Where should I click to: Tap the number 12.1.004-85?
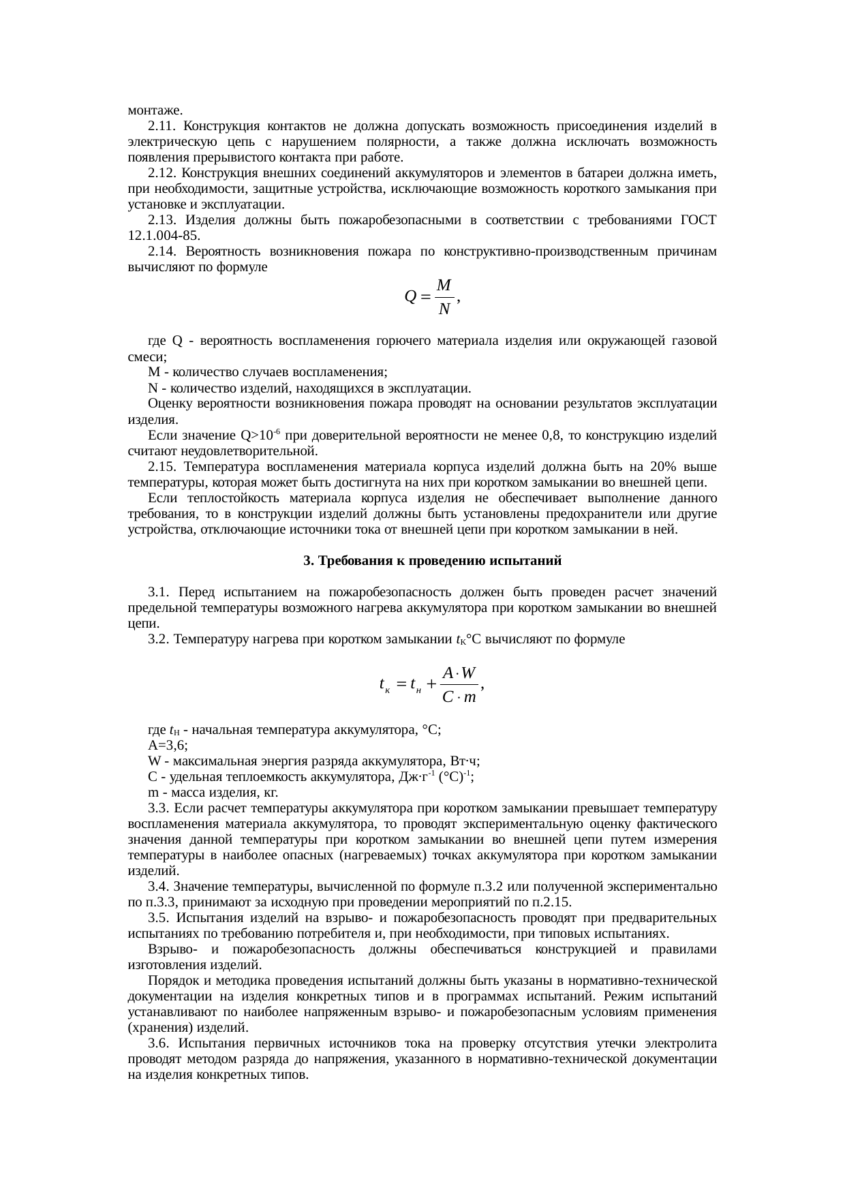pyautogui.click(x=164, y=236)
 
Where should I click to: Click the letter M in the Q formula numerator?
pyautogui.click(x=444, y=285)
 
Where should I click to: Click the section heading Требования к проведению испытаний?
pyautogui.click(x=432, y=562)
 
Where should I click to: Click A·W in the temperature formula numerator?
pyautogui.click(x=459, y=673)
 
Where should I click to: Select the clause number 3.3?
pyautogui.click(x=158, y=808)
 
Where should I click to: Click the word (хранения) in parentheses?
pyautogui.click(x=157, y=1028)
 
